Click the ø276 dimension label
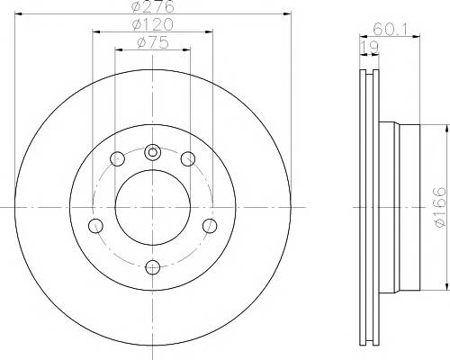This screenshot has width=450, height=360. (153, 6)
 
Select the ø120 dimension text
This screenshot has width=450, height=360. (153, 24)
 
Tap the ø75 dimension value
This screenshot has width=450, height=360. (153, 42)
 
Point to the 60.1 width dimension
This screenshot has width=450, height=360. (390, 30)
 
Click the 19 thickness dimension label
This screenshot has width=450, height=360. (369, 48)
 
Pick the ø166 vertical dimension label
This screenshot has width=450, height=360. (442, 207)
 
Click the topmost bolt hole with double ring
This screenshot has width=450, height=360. (153, 153)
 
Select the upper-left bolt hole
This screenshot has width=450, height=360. (117, 158)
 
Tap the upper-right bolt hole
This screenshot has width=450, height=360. (188, 158)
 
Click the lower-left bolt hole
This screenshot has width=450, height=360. (95, 226)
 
